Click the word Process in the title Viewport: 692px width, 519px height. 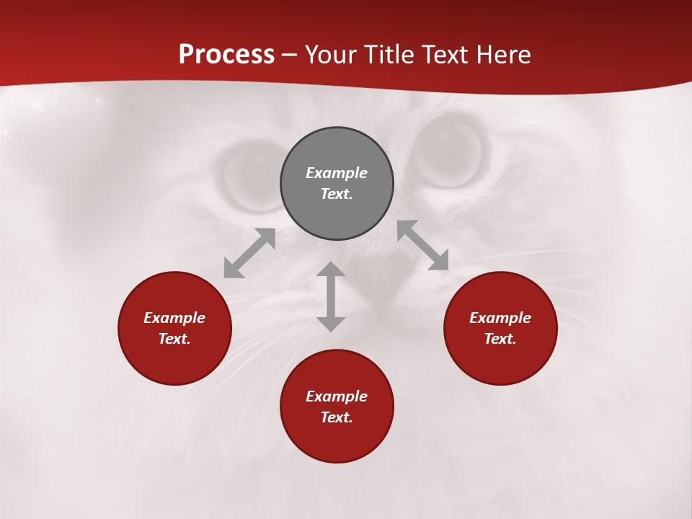click(226, 55)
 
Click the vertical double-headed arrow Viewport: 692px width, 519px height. click(331, 297)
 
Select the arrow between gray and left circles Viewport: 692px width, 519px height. click(249, 253)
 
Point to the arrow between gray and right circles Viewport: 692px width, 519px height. click(423, 245)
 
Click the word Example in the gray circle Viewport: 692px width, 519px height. click(337, 173)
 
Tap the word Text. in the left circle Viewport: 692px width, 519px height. click(174, 339)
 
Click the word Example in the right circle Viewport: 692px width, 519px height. click(500, 318)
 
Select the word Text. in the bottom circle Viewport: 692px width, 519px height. click(337, 417)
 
